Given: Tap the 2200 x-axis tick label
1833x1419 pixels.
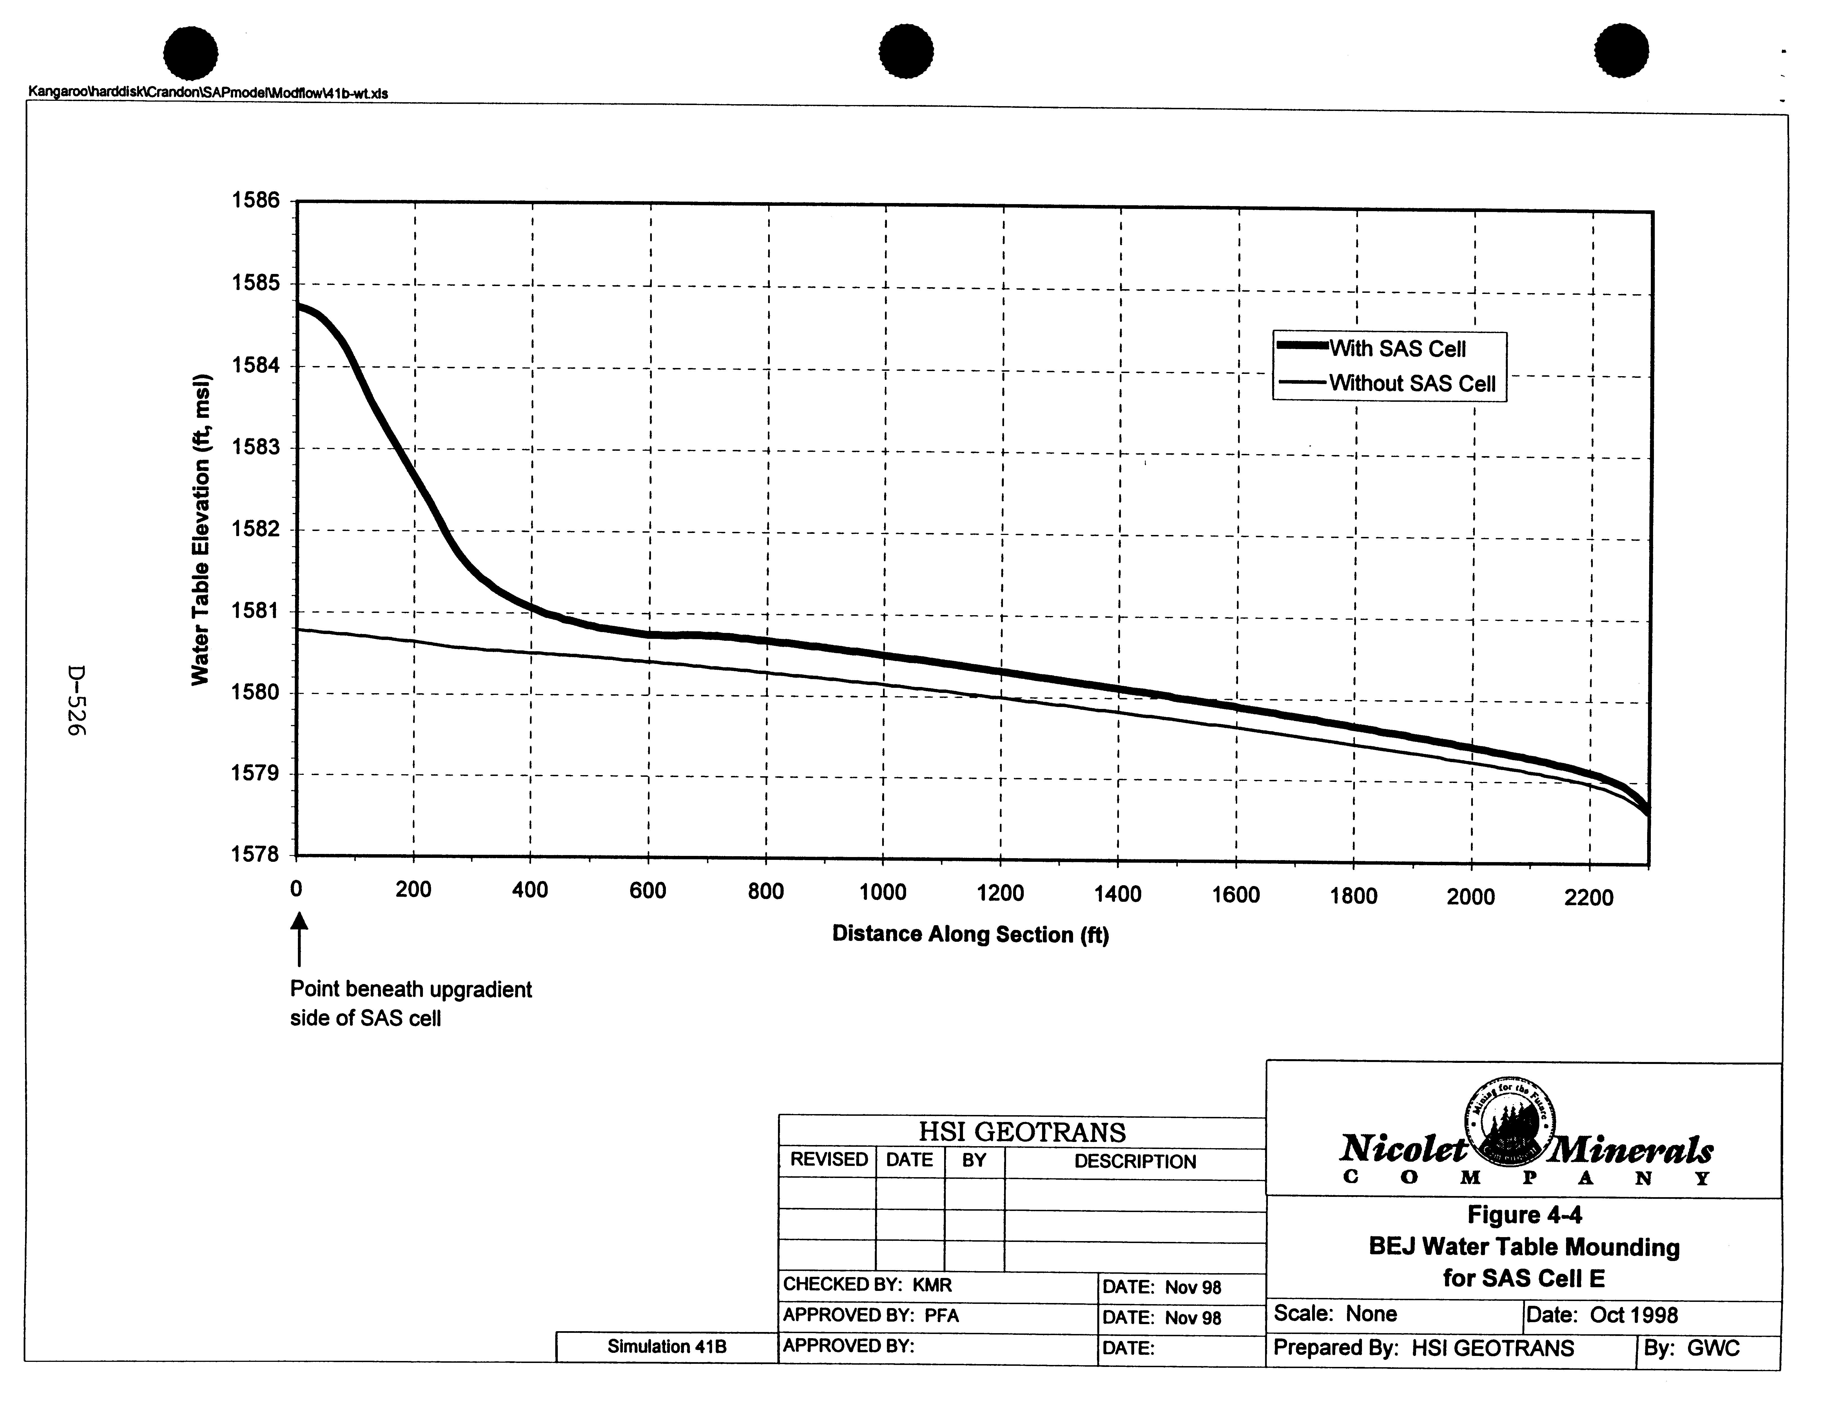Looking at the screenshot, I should coord(1589,898).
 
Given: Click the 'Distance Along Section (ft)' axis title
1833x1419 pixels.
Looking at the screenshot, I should coord(970,934).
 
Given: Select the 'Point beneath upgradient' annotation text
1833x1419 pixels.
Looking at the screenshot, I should coord(411,989).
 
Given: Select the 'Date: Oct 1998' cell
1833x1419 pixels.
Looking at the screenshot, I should coord(1601,1315).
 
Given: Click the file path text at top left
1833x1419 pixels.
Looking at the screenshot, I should coord(208,93).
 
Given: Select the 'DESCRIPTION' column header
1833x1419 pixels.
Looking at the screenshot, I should coord(1135,1162).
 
